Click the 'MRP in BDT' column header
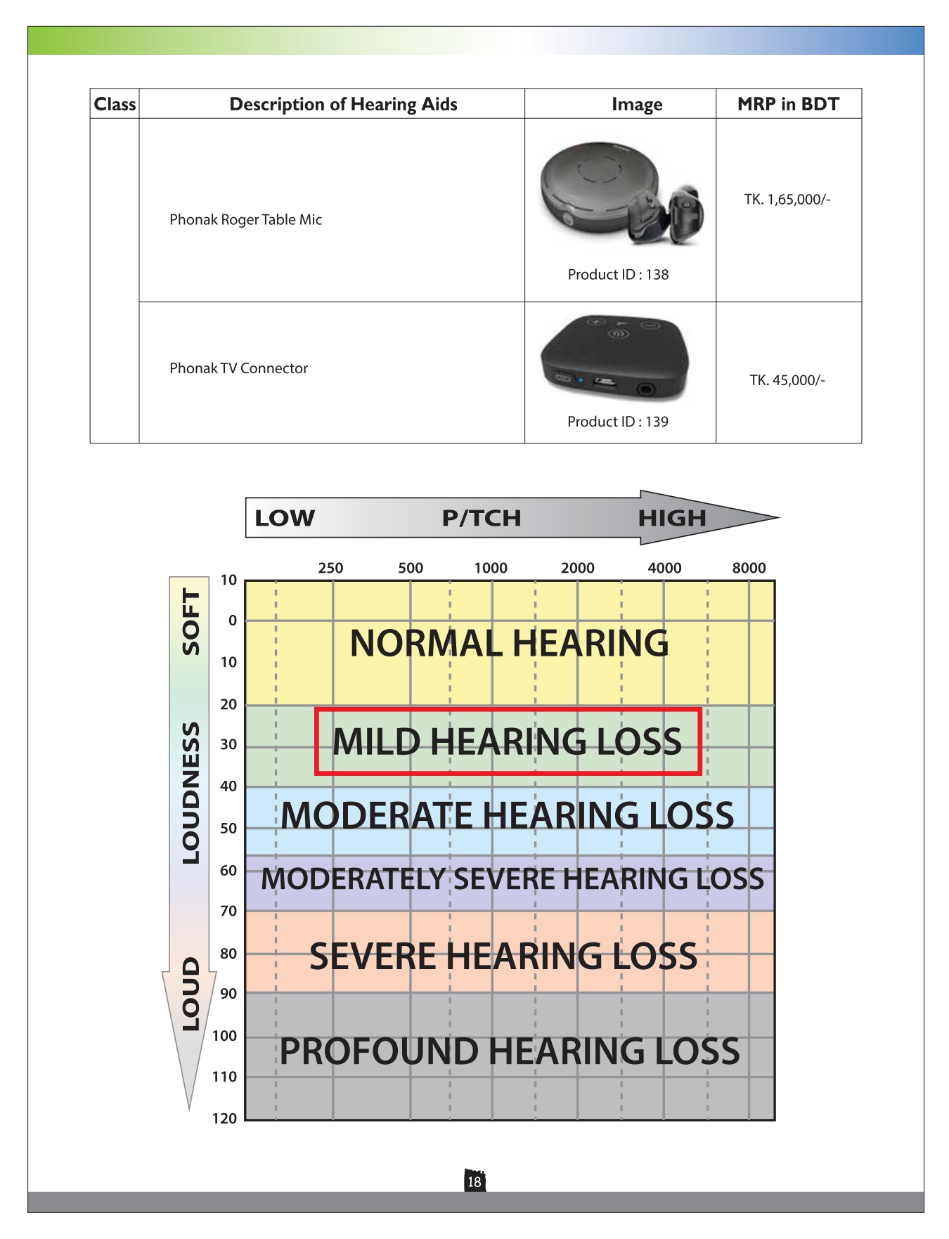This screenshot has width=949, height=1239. click(788, 104)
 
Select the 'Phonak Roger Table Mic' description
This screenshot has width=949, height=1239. click(245, 219)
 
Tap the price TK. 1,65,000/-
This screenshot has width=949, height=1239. click(787, 200)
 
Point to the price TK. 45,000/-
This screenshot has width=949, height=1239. click(787, 380)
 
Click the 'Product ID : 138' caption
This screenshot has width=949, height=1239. click(618, 275)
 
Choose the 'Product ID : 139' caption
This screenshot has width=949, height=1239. click(618, 422)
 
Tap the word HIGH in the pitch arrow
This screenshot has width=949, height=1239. click(671, 518)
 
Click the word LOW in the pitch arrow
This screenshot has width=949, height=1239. click(285, 518)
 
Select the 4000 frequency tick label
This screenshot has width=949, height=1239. click(664, 568)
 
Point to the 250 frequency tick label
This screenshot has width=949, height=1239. click(330, 568)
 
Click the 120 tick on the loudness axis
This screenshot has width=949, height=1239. click(225, 1118)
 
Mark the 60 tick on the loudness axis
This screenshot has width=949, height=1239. click(228, 870)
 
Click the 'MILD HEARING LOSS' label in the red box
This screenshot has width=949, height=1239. click(507, 741)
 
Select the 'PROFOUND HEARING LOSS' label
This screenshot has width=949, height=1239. click(510, 1051)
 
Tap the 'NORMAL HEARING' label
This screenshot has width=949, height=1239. click(510, 643)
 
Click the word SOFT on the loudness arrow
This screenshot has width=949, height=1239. click(191, 621)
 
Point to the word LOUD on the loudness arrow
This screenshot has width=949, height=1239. click(191, 994)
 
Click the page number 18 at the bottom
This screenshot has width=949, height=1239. click(475, 1182)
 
